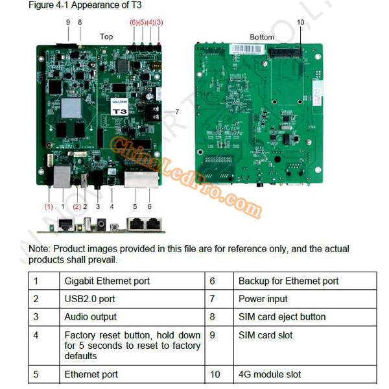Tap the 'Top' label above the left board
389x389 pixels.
pyautogui.click(x=106, y=37)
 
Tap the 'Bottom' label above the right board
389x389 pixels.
pyautogui.click(x=262, y=37)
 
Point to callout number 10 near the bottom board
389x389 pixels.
pyautogui.click(x=300, y=22)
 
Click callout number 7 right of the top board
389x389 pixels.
pyautogui.click(x=177, y=112)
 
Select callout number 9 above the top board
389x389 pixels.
pyautogui.click(x=68, y=22)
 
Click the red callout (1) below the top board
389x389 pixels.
pyautogui.click(x=49, y=207)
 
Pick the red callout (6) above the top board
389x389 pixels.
pyautogui.click(x=134, y=22)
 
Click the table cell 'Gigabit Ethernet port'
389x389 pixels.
pyautogui.click(x=107, y=281)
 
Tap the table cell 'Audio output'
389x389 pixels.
pyautogui.click(x=91, y=317)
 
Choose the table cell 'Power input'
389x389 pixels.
pyautogui.click(x=263, y=299)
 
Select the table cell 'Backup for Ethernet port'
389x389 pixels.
pyautogui.click(x=289, y=281)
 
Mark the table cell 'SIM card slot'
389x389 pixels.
pyautogui.click(x=266, y=335)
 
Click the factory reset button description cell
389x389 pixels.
pyautogui.click(x=132, y=345)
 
